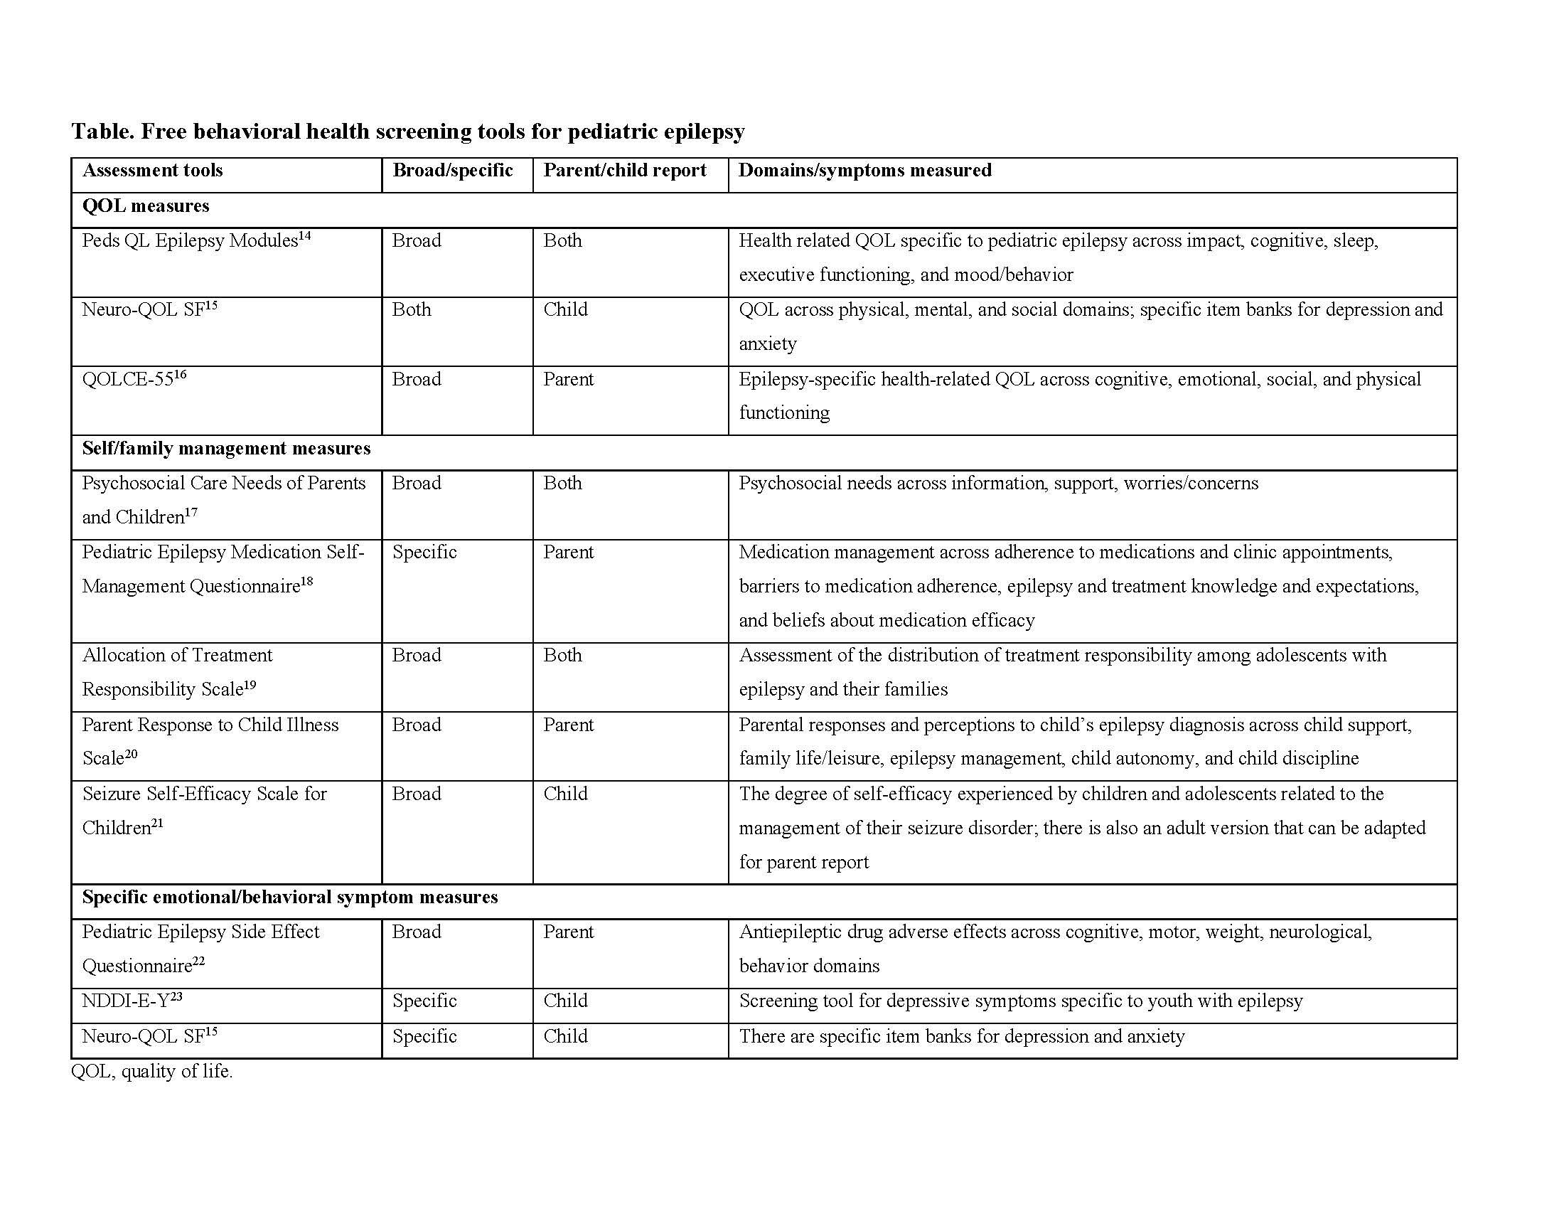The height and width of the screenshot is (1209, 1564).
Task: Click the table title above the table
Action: pyautogui.click(x=407, y=132)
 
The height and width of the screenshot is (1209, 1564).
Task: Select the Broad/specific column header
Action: pyautogui.click(x=453, y=171)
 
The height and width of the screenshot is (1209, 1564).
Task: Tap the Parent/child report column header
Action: pyautogui.click(x=624, y=171)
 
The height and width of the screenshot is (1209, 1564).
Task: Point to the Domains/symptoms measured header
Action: pyautogui.click(x=864, y=171)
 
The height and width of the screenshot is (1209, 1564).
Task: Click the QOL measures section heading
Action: pyautogui.click(x=145, y=206)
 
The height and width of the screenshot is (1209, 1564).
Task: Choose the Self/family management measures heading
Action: pyautogui.click(x=226, y=449)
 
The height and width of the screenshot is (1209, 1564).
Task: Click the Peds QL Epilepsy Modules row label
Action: pyautogui.click(x=190, y=240)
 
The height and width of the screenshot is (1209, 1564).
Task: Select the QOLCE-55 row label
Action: pyautogui.click(x=128, y=380)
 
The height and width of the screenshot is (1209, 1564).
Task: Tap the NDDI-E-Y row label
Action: pyautogui.click(x=126, y=1001)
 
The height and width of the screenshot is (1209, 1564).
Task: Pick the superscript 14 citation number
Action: pyautogui.click(x=305, y=235)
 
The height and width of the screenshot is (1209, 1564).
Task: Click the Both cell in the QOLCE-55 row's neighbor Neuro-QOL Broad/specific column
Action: pyautogui.click(x=412, y=310)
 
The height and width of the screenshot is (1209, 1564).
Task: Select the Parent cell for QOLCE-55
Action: pyautogui.click(x=568, y=380)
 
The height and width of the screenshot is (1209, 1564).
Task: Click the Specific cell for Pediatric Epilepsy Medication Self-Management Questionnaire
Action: pyautogui.click(x=424, y=552)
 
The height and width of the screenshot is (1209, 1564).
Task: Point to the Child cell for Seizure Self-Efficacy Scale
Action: pyautogui.click(x=565, y=794)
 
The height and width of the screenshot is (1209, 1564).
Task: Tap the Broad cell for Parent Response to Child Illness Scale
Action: pyautogui.click(x=416, y=725)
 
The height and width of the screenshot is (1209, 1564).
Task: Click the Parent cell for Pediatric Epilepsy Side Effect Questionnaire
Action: pyautogui.click(x=568, y=932)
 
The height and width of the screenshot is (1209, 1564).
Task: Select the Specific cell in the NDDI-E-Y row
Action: pyautogui.click(x=424, y=1001)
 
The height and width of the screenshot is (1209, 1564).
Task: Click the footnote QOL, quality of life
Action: pyautogui.click(x=152, y=1072)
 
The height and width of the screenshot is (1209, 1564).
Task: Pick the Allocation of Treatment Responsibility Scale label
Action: pyautogui.click(x=177, y=672)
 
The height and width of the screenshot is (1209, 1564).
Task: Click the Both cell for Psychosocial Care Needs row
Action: pyautogui.click(x=562, y=484)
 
